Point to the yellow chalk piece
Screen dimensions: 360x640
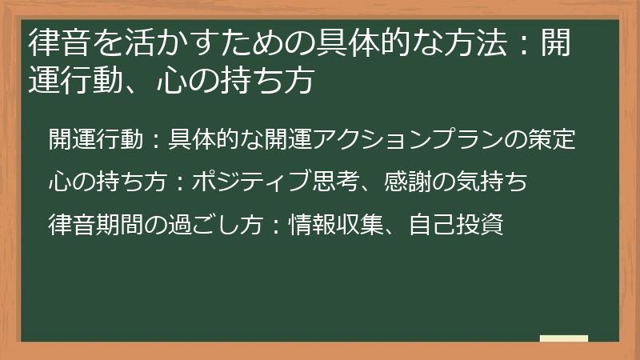563,338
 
